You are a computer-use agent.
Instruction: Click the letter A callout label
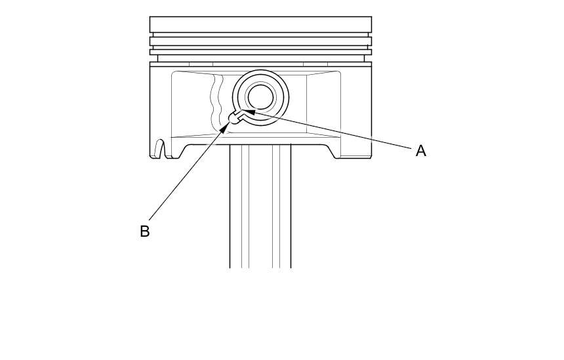tap(421, 151)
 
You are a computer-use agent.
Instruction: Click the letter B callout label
tap(145, 231)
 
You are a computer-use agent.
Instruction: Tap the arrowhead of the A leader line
tap(249, 112)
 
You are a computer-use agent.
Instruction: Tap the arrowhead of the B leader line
tap(224, 128)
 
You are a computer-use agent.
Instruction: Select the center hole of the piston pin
tap(260, 96)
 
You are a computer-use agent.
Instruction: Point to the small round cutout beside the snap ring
tap(233, 118)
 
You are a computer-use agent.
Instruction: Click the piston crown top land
tap(260, 24)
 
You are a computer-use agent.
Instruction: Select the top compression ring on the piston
tap(260, 41)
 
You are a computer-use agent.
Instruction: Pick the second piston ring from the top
tap(260, 52)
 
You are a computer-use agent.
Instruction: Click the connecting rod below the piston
tap(260, 210)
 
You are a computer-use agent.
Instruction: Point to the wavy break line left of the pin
tap(214, 102)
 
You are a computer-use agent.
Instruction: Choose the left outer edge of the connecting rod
tap(230, 210)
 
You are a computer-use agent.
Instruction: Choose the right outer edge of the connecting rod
tap(291, 210)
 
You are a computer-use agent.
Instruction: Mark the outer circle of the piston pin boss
tap(287, 96)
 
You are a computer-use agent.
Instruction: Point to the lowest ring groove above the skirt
tap(260, 58)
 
